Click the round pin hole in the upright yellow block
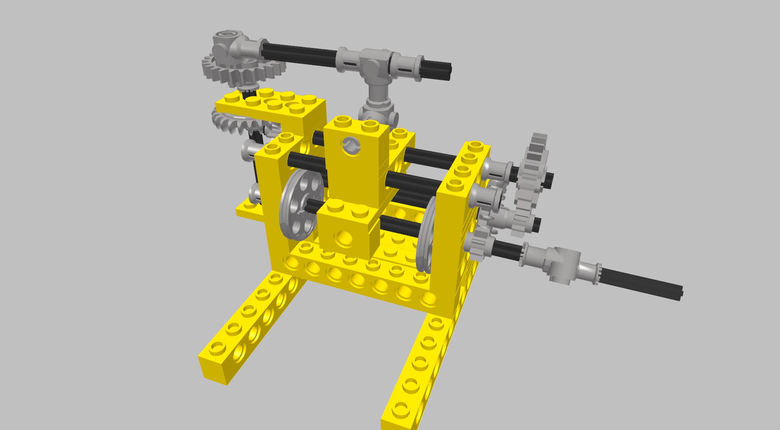click(351, 146)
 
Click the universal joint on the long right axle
click(560, 263)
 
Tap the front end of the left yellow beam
click(218, 358)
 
